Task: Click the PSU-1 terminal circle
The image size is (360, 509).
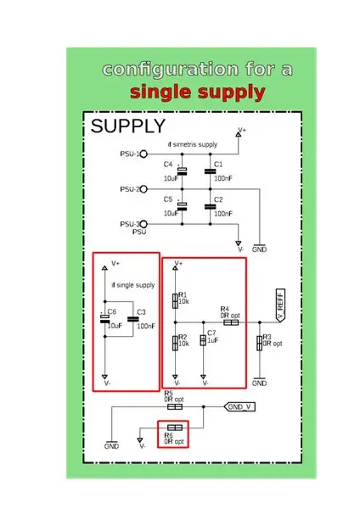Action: click(x=143, y=154)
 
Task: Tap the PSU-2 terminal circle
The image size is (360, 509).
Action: click(x=143, y=189)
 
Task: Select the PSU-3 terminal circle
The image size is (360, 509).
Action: click(x=143, y=224)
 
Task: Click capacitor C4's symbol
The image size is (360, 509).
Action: click(x=182, y=171)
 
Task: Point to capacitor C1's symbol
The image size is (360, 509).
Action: click(x=211, y=171)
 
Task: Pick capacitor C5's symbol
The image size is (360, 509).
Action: click(x=182, y=206)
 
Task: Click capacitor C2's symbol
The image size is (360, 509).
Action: click(x=211, y=207)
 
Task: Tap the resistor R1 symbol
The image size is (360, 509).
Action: click(x=175, y=300)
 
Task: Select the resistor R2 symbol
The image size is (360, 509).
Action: click(x=175, y=343)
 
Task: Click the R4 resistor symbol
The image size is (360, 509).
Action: click(x=231, y=322)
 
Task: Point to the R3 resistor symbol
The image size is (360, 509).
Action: click(x=259, y=344)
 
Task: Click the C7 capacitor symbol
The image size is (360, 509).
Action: click(x=203, y=340)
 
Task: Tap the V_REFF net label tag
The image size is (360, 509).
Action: click(x=280, y=305)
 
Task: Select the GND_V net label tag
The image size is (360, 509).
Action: click(x=239, y=406)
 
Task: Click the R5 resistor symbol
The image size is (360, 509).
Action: click(x=175, y=406)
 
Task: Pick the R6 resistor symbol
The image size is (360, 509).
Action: click(x=175, y=428)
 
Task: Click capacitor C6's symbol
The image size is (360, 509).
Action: click(x=104, y=319)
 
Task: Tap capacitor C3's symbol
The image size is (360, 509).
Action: click(x=133, y=320)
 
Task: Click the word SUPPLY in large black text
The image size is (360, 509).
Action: click(x=128, y=126)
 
